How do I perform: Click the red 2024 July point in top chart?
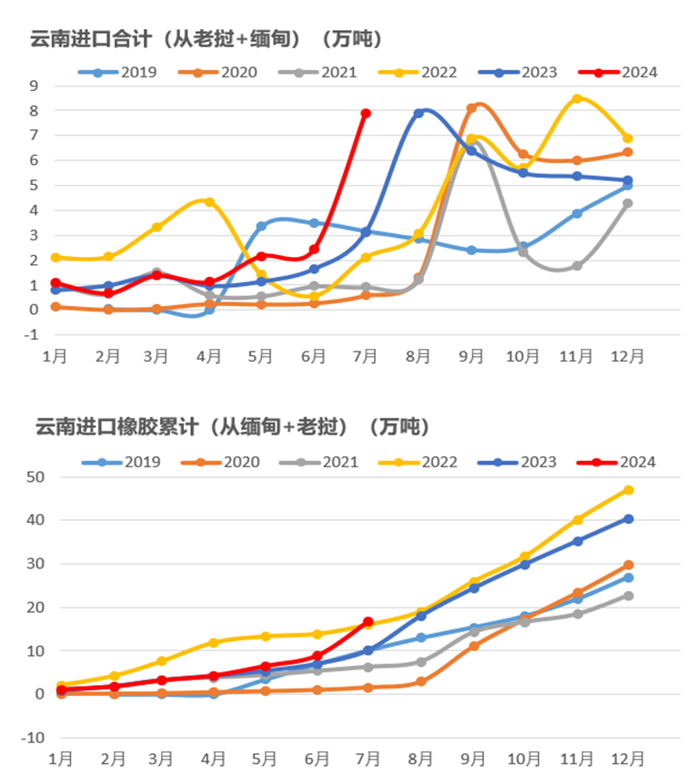click(366, 113)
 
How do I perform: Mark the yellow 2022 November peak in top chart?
click(576, 98)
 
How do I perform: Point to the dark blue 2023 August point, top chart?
click(419, 113)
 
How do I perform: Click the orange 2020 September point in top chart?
click(471, 108)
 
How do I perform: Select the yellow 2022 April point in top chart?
click(209, 201)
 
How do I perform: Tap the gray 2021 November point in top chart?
click(576, 265)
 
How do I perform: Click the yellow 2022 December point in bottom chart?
click(628, 490)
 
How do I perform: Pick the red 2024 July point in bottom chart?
click(368, 622)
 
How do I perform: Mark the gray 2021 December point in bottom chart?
click(628, 596)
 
